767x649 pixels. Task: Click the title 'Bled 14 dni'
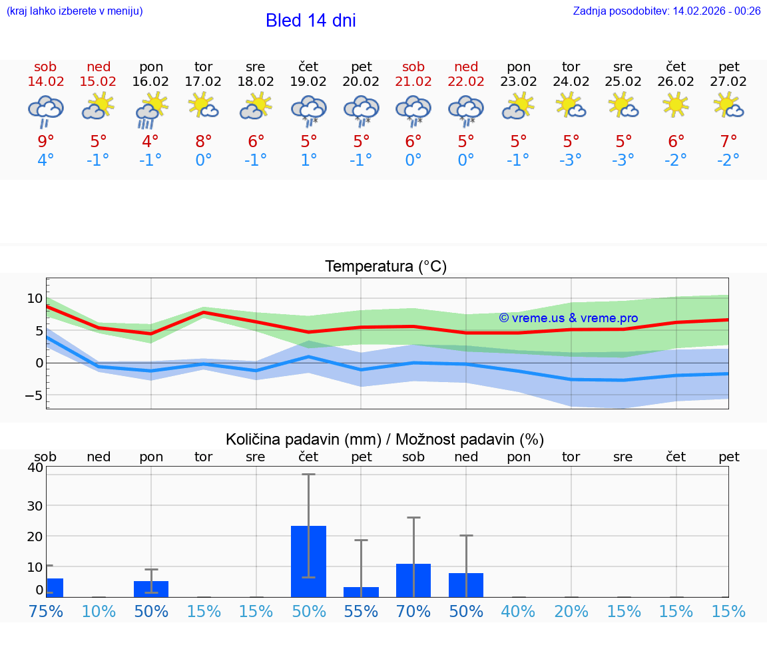(x=310, y=21)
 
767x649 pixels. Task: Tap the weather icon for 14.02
(x=45, y=111)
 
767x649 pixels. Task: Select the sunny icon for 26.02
(x=676, y=104)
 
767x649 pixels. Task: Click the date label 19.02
(x=308, y=82)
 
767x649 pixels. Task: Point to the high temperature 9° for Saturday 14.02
(x=45, y=141)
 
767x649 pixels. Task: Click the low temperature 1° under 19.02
(x=308, y=160)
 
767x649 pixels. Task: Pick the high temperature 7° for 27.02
(x=728, y=141)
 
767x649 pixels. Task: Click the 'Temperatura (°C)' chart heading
(x=385, y=267)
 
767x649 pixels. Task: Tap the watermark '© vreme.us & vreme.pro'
(x=568, y=318)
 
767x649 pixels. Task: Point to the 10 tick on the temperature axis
(x=35, y=298)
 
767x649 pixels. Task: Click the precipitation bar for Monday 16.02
(x=151, y=589)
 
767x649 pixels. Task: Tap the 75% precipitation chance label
(x=45, y=612)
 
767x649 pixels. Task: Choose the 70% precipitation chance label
(x=413, y=612)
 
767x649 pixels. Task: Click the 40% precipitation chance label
(x=518, y=612)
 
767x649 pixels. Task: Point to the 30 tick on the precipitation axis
(x=35, y=505)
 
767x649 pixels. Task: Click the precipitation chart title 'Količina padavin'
(x=302, y=439)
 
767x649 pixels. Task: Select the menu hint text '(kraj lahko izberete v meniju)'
(x=75, y=11)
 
